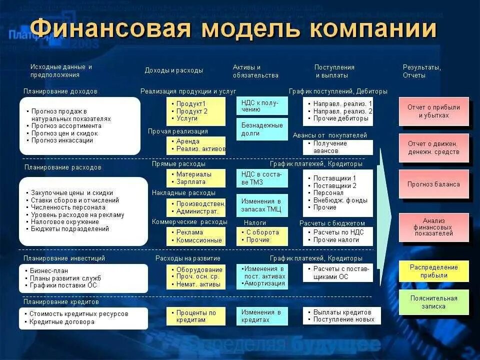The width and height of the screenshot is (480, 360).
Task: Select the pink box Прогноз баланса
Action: (433, 184)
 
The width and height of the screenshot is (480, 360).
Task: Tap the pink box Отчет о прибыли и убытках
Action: (433, 111)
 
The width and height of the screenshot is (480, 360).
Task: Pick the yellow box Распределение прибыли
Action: (433, 271)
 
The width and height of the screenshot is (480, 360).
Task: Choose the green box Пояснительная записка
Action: (433, 302)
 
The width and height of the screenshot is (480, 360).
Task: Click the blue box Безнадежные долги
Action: (262, 129)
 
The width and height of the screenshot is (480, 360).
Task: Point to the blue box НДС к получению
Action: (262, 105)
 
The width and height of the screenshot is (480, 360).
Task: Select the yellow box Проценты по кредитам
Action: (196, 316)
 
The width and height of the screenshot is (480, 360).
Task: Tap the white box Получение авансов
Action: (337, 147)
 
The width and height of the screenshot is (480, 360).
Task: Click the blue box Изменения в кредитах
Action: (262, 316)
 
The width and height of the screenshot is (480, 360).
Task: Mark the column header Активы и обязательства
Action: (255, 71)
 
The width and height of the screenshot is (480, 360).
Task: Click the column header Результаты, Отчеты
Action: (421, 71)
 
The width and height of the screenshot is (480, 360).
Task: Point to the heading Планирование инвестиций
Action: (64, 258)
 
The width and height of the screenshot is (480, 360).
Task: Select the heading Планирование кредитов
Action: (61, 302)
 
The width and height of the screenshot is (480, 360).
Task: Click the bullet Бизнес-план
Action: (49, 270)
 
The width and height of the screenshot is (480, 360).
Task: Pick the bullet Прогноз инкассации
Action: (62, 140)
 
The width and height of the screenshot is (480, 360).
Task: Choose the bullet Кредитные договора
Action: (62, 322)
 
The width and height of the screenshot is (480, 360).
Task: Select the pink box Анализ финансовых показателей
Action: (433, 227)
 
